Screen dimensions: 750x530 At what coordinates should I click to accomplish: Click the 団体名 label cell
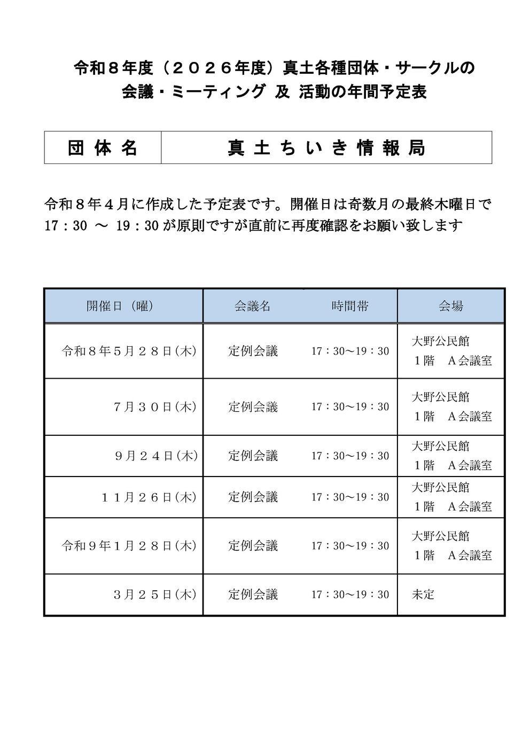pyautogui.click(x=103, y=148)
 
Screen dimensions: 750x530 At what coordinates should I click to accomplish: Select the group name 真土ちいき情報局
pyautogui.click(x=326, y=148)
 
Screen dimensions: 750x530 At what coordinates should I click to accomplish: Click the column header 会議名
pyautogui.click(x=252, y=306)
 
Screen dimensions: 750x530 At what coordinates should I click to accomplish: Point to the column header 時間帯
pyautogui.click(x=349, y=306)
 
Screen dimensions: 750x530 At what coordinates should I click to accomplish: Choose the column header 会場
pyautogui.click(x=450, y=306)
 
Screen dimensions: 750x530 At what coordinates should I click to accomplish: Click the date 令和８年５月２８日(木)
pyautogui.click(x=129, y=351)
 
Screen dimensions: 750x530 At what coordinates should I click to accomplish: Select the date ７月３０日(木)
pyautogui.click(x=154, y=407)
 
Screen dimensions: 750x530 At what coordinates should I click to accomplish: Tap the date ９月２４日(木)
pyautogui.click(x=155, y=456)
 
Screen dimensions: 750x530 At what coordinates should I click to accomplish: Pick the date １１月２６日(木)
pyautogui.click(x=149, y=497)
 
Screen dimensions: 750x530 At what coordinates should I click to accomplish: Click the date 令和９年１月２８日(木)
pyautogui.click(x=129, y=546)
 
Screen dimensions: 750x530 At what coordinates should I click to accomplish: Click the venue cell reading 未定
pyautogui.click(x=423, y=595)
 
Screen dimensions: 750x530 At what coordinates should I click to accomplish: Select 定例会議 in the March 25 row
pyautogui.click(x=253, y=595)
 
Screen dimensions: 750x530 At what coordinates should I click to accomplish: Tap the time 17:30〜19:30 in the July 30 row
pyautogui.click(x=350, y=407)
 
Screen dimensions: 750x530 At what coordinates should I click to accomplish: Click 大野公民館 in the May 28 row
pyautogui.click(x=440, y=341)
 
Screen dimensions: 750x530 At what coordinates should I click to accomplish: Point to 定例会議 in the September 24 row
pyautogui.click(x=253, y=456)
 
